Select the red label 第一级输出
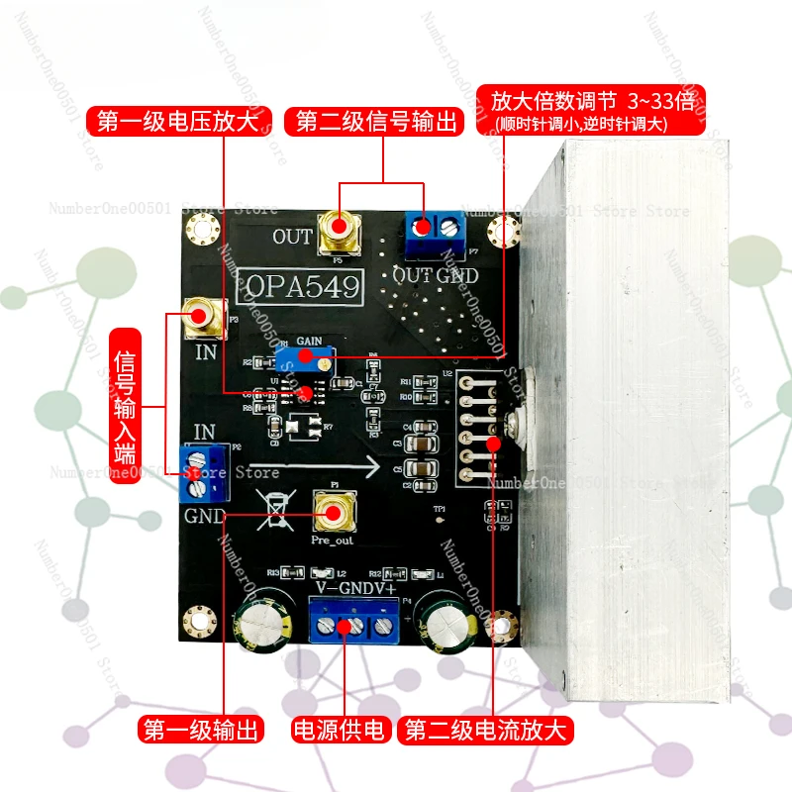tap(201, 732)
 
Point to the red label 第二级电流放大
tap(487, 732)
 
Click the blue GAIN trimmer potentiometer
tap(305, 357)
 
